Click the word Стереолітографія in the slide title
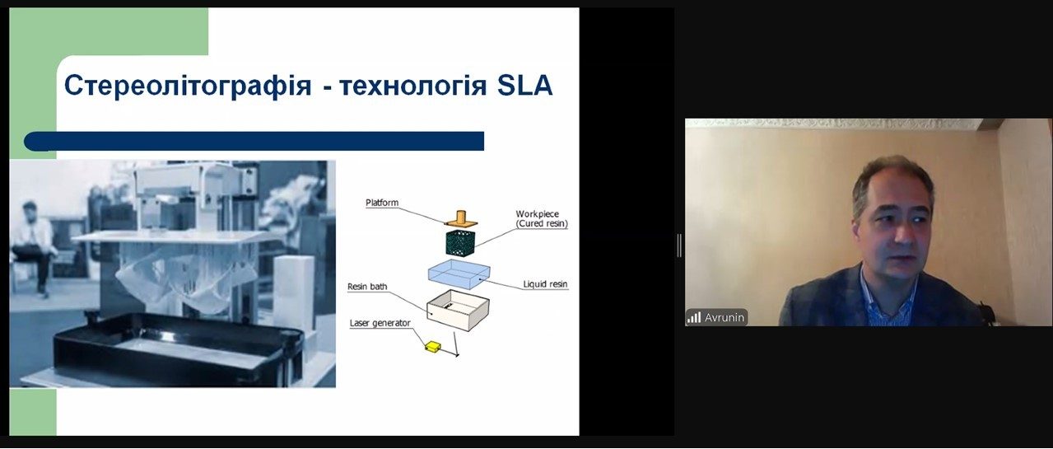click(188, 86)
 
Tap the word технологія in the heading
click(412, 87)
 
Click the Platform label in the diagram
click(382, 203)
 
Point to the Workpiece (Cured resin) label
click(542, 219)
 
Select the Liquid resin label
click(545, 284)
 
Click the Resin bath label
click(367, 286)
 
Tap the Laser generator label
click(380, 323)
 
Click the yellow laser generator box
click(433, 346)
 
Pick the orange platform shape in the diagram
click(461, 220)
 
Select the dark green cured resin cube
click(461, 244)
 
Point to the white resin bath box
click(458, 310)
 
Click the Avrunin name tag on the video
click(725, 318)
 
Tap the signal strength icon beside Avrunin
click(694, 318)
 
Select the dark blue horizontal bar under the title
click(254, 141)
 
